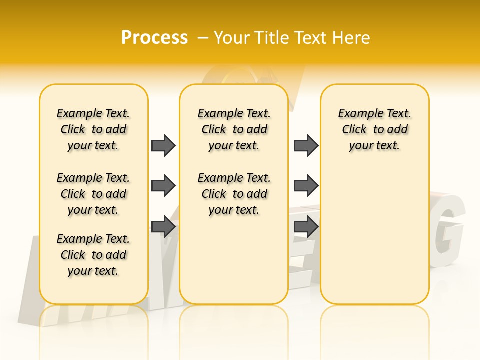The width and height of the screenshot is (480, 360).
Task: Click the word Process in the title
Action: tap(154, 38)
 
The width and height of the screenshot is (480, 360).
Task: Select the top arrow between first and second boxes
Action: tap(163, 145)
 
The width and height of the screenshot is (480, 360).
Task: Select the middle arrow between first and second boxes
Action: tap(163, 186)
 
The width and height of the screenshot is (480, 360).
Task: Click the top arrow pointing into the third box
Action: tap(306, 145)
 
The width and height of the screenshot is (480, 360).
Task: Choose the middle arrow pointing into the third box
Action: tap(306, 186)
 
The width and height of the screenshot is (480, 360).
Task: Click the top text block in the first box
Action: tap(93, 129)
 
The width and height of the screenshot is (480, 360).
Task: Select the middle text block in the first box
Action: tap(93, 194)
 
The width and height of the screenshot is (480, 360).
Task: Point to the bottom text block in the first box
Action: tap(93, 255)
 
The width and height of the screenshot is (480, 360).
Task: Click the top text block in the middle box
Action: tap(234, 129)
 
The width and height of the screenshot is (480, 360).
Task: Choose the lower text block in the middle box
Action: tap(234, 194)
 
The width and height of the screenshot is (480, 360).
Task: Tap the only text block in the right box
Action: tap(375, 129)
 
